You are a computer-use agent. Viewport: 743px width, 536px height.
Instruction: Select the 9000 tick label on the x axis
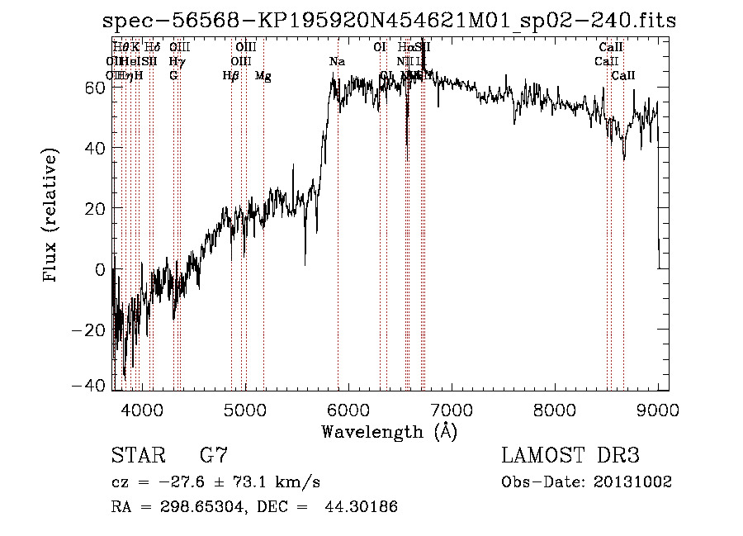[x=657, y=410]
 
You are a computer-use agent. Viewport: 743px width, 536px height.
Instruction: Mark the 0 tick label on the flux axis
[x=98, y=269]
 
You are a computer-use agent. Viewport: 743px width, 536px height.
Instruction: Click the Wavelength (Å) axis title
[x=389, y=431]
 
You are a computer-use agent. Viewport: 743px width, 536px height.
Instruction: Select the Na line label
[x=337, y=61]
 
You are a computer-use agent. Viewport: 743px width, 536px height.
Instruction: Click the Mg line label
[x=263, y=76]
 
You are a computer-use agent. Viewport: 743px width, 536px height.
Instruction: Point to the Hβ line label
[x=230, y=76]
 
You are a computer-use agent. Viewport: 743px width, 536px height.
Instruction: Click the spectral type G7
[x=213, y=456]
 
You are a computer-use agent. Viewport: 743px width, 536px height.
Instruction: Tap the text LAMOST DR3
[x=570, y=456]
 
